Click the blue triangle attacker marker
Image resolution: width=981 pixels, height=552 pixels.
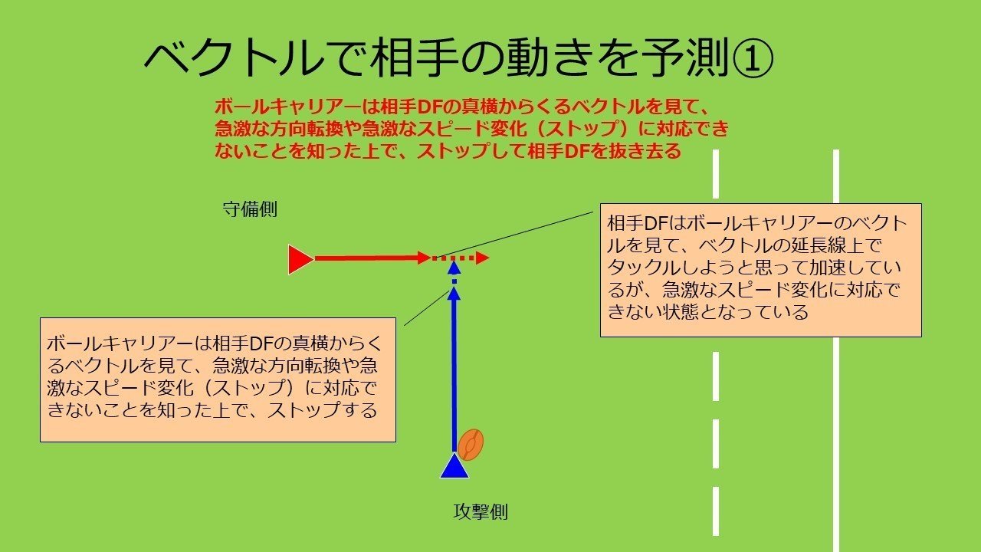tap(454, 466)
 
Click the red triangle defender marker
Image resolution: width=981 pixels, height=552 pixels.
tap(299, 259)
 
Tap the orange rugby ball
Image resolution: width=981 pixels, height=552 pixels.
tap(471, 444)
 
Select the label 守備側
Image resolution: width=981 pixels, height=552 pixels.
tap(250, 209)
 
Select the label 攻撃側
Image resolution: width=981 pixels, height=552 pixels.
tap(481, 511)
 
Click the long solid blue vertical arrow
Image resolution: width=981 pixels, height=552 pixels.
tap(454, 368)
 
